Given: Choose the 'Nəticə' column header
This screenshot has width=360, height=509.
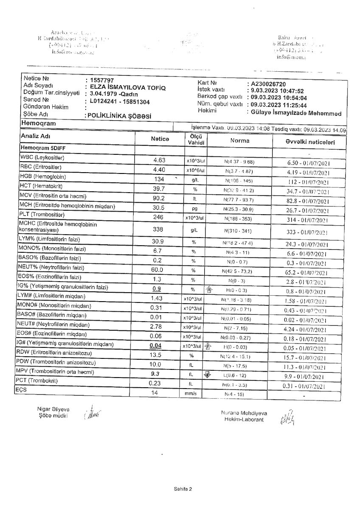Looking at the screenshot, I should pos(160,140).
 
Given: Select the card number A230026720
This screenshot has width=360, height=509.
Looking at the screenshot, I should pos(270,84).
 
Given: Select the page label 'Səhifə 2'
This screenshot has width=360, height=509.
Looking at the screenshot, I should pos(183,489).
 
